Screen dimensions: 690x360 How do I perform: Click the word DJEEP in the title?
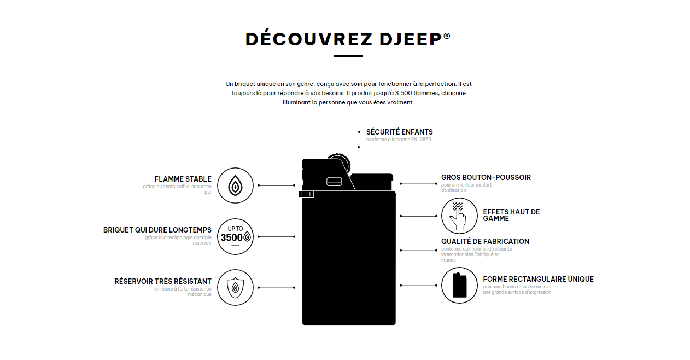tap(411, 39)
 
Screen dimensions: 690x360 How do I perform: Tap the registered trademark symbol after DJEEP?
tap(447, 36)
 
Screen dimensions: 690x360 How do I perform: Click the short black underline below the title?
tap(348, 56)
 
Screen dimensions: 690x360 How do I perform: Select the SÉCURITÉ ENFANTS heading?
tap(399, 132)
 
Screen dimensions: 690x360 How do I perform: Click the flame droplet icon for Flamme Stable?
tap(235, 185)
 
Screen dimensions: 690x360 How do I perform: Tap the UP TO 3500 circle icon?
tap(235, 237)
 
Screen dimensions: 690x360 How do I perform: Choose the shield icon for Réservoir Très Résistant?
tap(235, 288)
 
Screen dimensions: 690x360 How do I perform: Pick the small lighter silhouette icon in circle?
tap(459, 286)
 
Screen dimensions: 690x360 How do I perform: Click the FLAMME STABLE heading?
tap(183, 179)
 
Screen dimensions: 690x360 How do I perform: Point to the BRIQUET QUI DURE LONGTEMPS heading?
tap(157, 230)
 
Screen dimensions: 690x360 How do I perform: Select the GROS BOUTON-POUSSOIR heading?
tap(486, 177)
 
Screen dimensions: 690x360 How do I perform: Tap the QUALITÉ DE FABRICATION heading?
tap(485, 241)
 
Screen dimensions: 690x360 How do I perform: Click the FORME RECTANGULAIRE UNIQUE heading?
tap(538, 279)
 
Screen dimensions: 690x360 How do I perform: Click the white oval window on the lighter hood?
tap(334, 182)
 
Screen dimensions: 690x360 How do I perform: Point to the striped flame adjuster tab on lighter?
tap(306, 194)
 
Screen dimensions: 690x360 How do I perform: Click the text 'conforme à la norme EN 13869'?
tap(399, 140)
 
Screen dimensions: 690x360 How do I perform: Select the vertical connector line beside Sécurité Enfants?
tap(359, 140)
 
